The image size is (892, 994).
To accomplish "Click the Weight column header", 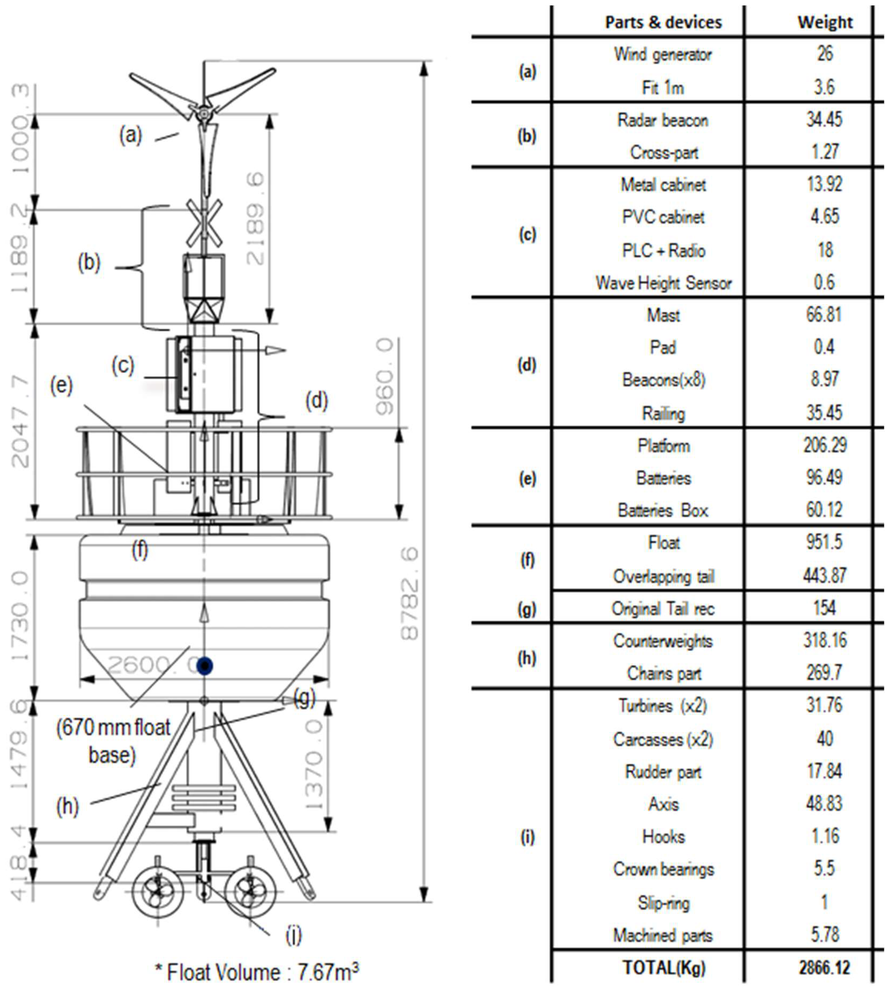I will [825, 22].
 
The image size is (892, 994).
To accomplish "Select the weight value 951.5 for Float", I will [824, 542].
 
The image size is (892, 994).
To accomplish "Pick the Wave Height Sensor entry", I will [663, 283].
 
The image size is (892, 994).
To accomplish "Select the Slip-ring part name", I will [663, 903].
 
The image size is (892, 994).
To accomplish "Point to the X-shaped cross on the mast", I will [203, 223].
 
